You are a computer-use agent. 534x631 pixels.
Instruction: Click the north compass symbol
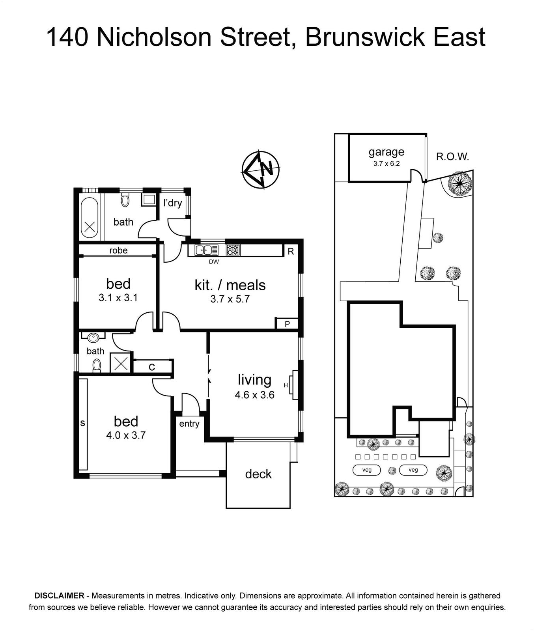point(260,169)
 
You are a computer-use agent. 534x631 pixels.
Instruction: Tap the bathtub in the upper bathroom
point(90,217)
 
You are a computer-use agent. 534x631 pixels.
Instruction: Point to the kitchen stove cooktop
point(233,250)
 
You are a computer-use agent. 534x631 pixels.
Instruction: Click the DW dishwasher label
point(214,261)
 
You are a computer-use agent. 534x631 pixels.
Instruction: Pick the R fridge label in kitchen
point(291,251)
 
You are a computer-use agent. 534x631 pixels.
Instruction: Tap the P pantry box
point(287,324)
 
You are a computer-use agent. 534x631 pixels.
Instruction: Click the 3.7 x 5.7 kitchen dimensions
point(230,299)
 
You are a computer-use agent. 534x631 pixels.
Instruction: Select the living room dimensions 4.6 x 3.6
point(254,395)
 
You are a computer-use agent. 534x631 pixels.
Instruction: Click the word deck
point(258,474)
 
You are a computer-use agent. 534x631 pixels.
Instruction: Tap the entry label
point(189,424)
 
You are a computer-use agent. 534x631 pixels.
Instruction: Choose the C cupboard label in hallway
point(152,367)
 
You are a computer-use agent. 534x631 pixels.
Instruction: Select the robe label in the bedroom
point(118,250)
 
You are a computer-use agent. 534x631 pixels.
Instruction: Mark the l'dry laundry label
point(173,203)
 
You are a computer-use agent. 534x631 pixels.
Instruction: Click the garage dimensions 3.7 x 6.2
point(386,163)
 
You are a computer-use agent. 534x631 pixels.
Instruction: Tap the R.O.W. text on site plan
point(452,157)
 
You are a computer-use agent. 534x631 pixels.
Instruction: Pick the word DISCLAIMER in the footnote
point(60,596)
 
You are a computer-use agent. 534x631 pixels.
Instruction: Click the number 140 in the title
point(67,37)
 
